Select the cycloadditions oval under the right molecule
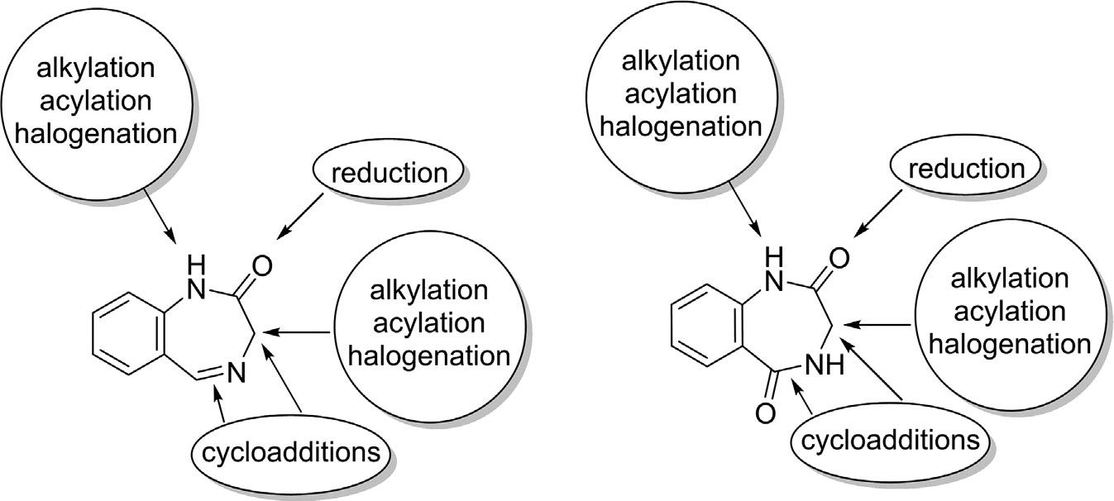click(890, 438)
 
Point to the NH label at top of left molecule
click(195, 277)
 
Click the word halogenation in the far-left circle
click(97, 133)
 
